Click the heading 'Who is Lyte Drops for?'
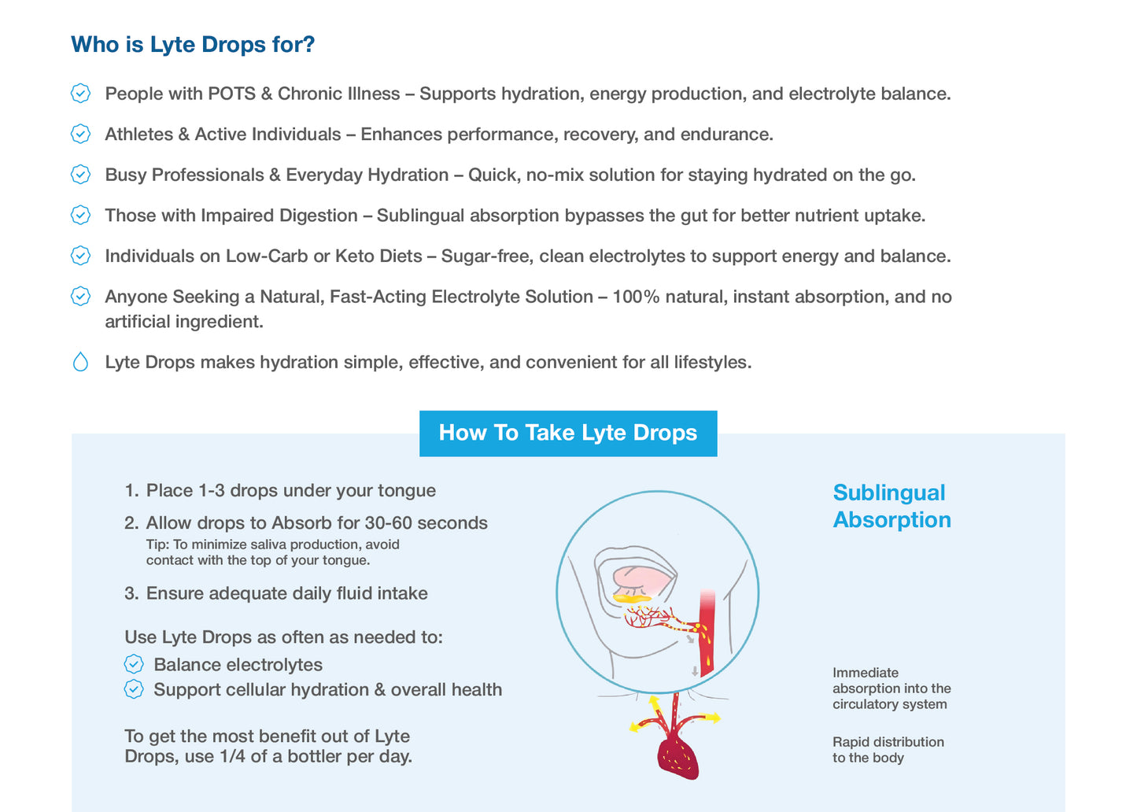193,45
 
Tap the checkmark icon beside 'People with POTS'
80,94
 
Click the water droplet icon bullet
80,362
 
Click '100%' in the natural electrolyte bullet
636,297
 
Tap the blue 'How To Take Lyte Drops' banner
567,433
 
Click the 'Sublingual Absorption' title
892,506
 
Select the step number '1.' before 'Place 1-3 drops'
131,491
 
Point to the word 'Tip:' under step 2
157,544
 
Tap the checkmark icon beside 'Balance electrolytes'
134,665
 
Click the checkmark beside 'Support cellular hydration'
134,690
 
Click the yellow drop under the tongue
632,599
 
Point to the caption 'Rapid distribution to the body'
888,750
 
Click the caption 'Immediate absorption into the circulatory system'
891,688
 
